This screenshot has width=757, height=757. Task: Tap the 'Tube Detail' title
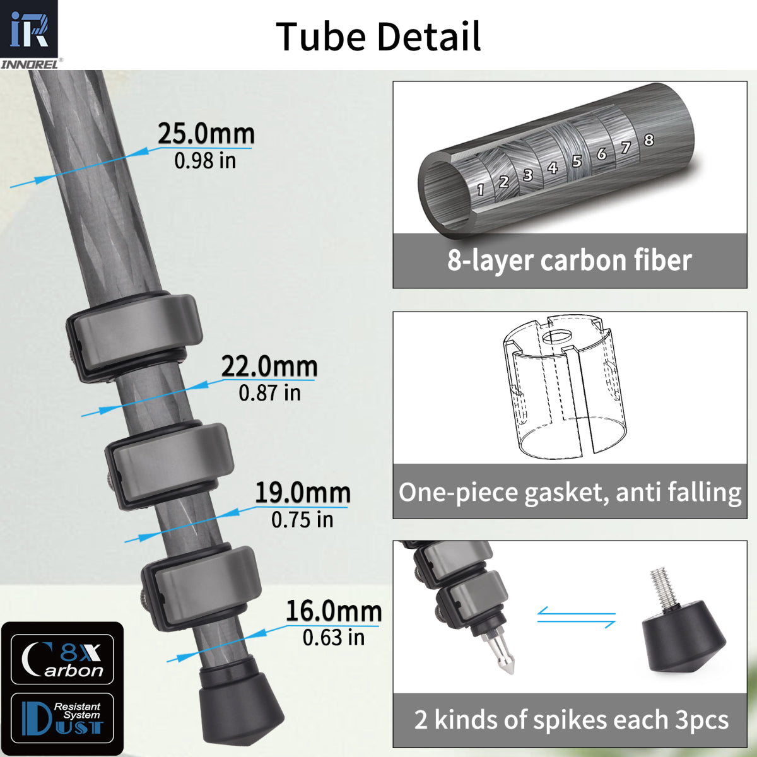click(x=378, y=37)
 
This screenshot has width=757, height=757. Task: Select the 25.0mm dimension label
click(x=206, y=134)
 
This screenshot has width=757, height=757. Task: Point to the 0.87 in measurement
click(x=269, y=393)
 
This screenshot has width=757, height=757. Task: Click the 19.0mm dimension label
click(x=302, y=493)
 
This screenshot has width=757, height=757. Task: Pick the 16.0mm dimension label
click(x=334, y=611)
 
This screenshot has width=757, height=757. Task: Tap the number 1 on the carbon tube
click(x=481, y=189)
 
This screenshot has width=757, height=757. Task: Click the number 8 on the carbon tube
click(x=648, y=140)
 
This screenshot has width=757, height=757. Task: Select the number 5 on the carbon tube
click(x=577, y=161)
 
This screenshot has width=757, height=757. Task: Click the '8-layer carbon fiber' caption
click(x=570, y=261)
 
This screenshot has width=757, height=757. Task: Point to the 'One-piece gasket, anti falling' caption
click(x=570, y=492)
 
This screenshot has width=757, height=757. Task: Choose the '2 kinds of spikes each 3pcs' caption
click(x=571, y=720)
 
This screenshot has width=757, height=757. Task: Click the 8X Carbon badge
click(x=62, y=659)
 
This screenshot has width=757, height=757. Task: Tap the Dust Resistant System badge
click(x=62, y=719)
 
